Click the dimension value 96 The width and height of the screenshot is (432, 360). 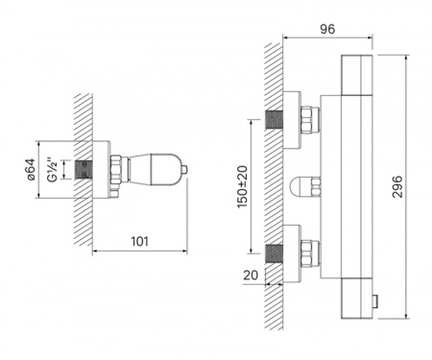pos(327,29)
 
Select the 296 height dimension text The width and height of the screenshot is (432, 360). pos(397,186)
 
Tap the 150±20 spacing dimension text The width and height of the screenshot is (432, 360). pos(243,187)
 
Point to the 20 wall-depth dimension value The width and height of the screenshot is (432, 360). pos(251,275)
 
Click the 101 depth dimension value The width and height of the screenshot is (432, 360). pos(140,241)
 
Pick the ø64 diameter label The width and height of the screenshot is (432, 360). pos(31,170)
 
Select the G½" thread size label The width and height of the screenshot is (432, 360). pos(53,170)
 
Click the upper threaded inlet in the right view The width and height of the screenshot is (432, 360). pos(274,120)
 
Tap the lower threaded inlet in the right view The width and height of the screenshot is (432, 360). pos(274,253)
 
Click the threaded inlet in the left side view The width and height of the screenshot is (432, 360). pos(84,170)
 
